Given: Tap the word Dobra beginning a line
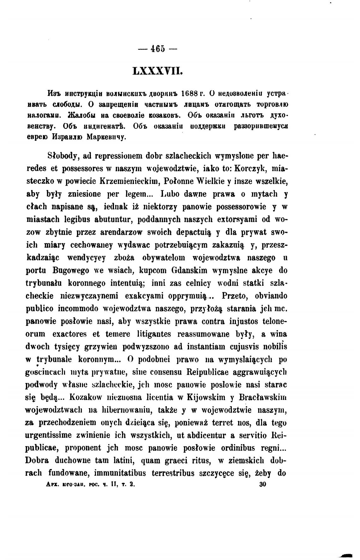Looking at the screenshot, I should pyautogui.click(x=37, y=461).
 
